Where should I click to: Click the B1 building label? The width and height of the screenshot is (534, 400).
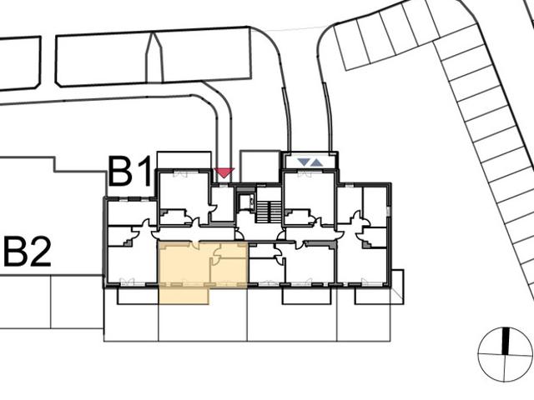click(x=129, y=171)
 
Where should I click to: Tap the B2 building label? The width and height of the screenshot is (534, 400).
click(x=28, y=252)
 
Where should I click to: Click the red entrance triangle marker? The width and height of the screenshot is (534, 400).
click(x=224, y=172)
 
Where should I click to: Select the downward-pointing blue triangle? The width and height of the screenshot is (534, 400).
click(x=303, y=162)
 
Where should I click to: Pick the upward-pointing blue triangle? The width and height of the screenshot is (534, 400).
click(x=316, y=162)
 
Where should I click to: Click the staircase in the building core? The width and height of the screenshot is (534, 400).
click(x=269, y=212)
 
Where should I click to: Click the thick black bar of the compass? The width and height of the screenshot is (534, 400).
click(x=506, y=341)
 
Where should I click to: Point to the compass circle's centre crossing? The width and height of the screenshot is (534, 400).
click(x=506, y=355)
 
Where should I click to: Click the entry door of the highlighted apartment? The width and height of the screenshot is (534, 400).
click(x=197, y=244)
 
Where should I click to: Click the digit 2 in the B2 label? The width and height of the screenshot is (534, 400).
click(x=39, y=252)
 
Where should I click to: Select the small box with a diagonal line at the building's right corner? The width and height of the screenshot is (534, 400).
click(x=397, y=287)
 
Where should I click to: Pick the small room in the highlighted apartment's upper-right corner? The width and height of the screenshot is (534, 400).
click(x=234, y=250)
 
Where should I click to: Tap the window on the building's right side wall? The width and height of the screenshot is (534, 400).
click(x=388, y=211)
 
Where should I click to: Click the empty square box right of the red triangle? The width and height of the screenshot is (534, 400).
click(x=260, y=167)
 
